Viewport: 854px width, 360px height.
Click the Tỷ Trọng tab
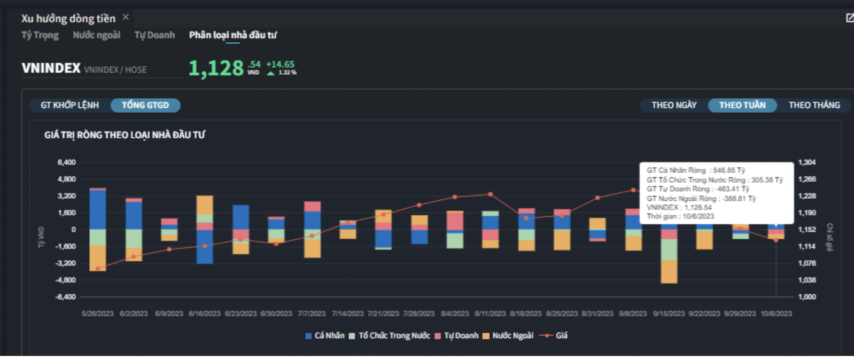pos(40,35)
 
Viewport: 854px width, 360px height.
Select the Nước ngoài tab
pos(96,35)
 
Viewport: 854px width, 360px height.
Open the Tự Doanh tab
pos(154,35)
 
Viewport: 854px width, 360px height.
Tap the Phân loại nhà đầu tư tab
pos(232,35)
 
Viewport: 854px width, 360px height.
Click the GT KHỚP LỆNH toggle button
pos(69,105)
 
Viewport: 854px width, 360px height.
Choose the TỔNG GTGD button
pos(145,105)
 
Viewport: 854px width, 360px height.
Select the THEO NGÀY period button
pos(674,105)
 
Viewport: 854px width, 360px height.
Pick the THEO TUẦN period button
pos(742,105)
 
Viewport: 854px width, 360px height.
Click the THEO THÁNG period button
pos(814,105)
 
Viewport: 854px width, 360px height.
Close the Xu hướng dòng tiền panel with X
pos(126,17)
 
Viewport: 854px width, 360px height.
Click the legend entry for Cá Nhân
pos(325,335)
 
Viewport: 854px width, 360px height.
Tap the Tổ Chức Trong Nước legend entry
pos(390,335)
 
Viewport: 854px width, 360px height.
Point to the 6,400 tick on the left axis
pos(67,162)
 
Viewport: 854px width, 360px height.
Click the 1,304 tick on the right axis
pos(807,162)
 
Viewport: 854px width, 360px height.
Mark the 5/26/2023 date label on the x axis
pos(97,314)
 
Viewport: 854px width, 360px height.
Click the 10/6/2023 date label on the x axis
pos(776,314)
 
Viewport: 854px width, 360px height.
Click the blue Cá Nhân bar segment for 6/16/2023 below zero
pos(205,247)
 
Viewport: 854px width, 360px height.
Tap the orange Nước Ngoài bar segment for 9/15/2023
pos(669,271)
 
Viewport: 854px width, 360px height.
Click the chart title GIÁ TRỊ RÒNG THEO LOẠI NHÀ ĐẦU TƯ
pos(125,135)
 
